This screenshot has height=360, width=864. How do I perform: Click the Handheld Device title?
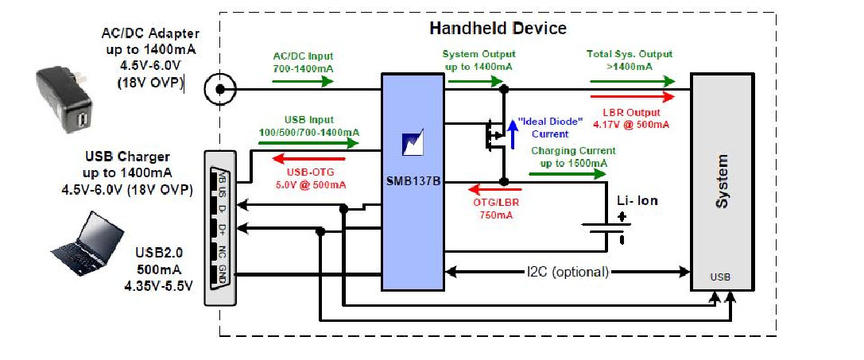(x=498, y=29)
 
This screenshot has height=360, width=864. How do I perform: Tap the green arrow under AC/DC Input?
(x=302, y=81)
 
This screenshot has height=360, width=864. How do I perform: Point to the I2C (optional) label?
(x=568, y=272)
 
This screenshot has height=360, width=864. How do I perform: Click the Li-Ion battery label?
(x=637, y=201)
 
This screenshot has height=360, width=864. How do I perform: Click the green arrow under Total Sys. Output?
(x=632, y=81)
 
